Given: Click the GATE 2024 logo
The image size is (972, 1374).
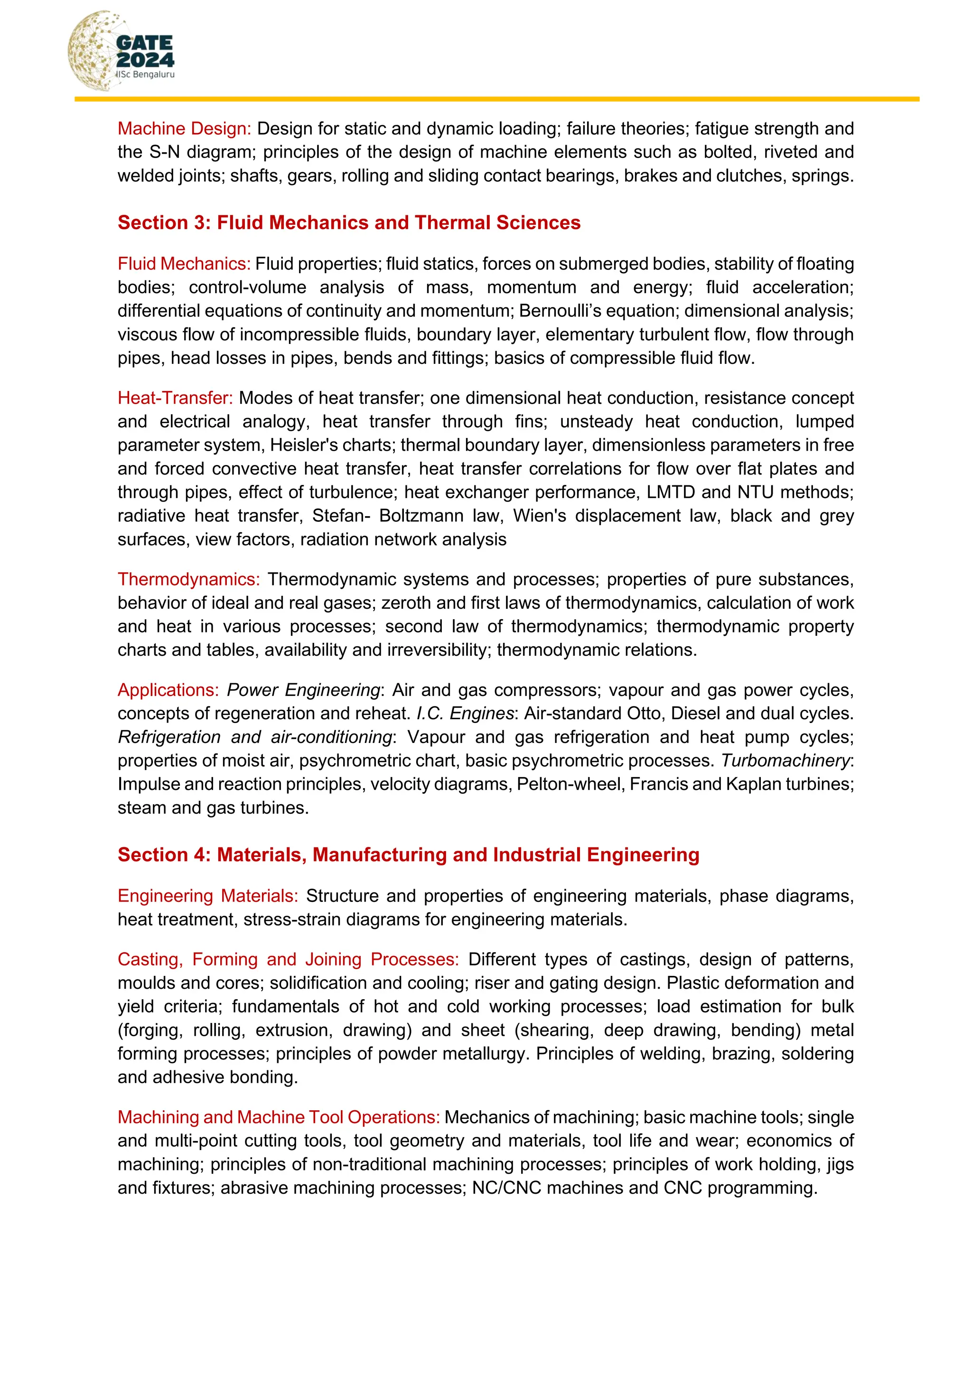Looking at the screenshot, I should click(x=121, y=51).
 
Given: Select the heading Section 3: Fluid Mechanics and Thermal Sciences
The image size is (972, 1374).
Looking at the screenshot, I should click(x=348, y=223).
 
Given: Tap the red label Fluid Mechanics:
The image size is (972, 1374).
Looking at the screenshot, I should click(x=184, y=264).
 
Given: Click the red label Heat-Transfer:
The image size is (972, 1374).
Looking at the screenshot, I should click(x=175, y=398).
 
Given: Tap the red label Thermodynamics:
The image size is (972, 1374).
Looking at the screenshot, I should click(x=188, y=579).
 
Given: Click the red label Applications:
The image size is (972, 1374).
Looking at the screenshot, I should click(x=168, y=690).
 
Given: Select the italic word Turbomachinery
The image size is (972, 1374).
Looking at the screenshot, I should click(x=785, y=761).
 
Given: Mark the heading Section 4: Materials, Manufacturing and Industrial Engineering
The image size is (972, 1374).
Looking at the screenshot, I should click(x=408, y=855).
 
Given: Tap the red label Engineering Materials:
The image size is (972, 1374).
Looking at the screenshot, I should click(x=208, y=896).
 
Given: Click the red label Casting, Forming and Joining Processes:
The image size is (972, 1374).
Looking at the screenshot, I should click(x=288, y=959).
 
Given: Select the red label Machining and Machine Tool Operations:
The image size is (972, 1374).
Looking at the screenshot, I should click(x=278, y=1117).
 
